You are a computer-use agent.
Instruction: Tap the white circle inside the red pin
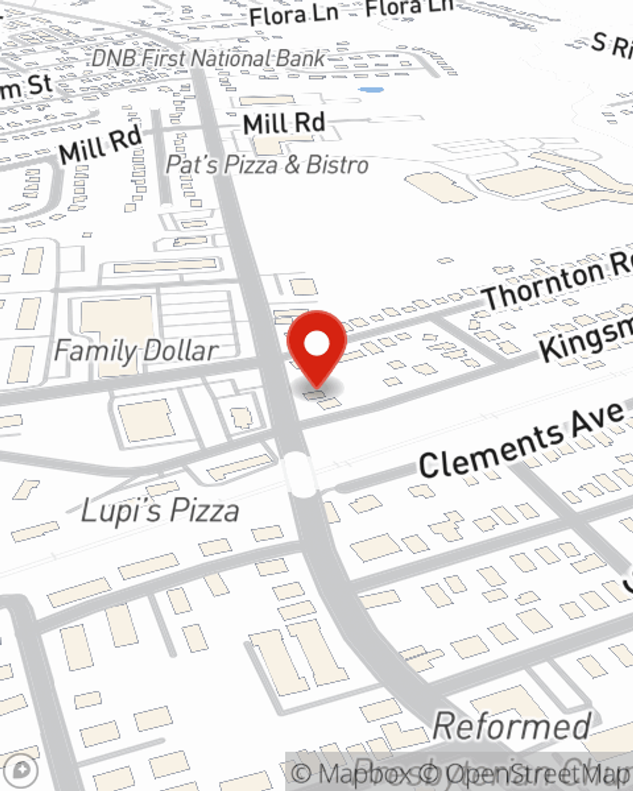tap(317, 344)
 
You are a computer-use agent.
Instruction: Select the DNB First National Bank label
tap(208, 58)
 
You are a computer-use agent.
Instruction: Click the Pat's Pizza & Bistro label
tap(266, 165)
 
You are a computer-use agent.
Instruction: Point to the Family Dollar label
tap(135, 351)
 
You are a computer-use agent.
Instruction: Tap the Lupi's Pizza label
tap(160, 510)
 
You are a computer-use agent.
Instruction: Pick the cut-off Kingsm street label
tap(586, 339)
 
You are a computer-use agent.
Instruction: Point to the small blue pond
tap(371, 90)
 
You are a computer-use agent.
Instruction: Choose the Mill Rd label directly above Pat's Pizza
tap(284, 123)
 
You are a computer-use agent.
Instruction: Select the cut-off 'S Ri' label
tap(611, 46)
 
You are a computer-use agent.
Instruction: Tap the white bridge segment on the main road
tap(299, 473)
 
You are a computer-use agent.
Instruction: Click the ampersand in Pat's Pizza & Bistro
tap(292, 166)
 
